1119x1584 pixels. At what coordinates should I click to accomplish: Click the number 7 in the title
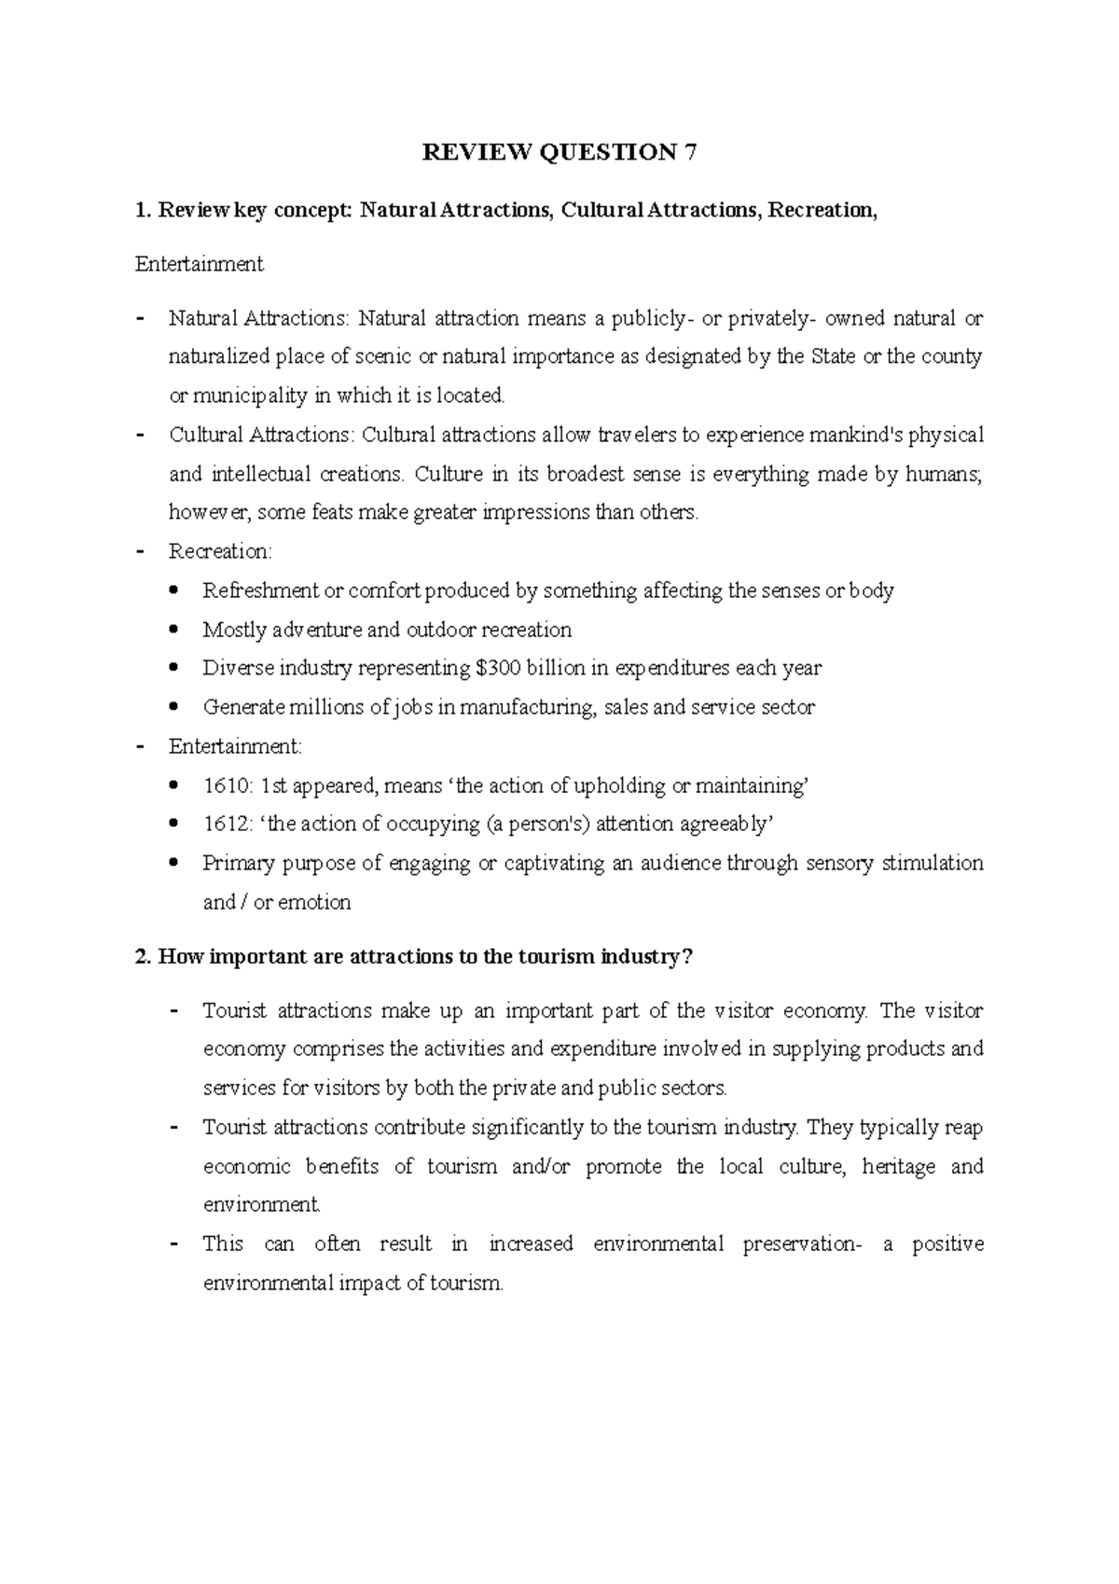tap(690, 153)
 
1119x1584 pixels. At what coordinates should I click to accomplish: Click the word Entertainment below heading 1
tap(199, 264)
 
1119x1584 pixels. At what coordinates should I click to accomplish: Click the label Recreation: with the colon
tap(220, 551)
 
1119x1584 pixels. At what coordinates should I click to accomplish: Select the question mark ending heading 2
tap(688, 957)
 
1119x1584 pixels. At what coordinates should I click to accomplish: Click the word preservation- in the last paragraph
tap(803, 1244)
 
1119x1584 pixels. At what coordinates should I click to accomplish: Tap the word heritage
tap(899, 1166)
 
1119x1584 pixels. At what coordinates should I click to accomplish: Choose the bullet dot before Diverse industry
tap(175, 668)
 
